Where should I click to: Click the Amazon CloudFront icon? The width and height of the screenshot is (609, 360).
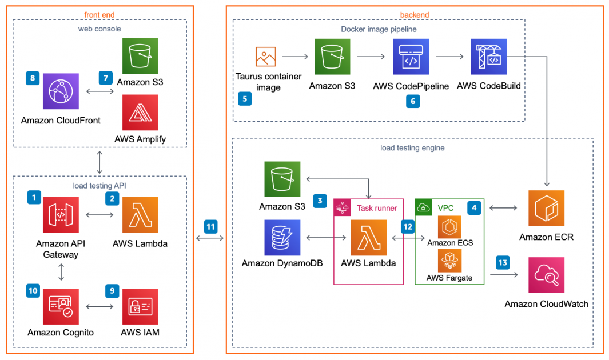[x=61, y=91]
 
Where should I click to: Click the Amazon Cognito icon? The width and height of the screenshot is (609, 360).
[x=61, y=306]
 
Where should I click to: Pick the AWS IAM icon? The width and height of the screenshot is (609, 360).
[x=140, y=306]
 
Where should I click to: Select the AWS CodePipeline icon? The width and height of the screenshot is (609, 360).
[x=411, y=57]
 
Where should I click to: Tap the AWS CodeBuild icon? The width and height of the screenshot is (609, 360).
[x=489, y=57]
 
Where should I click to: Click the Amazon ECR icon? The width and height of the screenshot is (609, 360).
[x=546, y=209]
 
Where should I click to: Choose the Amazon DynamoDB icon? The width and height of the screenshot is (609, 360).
[x=282, y=237]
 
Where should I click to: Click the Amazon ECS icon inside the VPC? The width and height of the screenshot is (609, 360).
[x=449, y=226]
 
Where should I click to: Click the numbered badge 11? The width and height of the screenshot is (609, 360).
[x=210, y=227]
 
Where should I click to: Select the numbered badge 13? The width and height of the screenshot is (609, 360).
[x=503, y=262]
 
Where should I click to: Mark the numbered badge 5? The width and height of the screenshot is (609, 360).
[x=245, y=99]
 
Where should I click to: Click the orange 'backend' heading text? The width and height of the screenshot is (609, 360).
[x=415, y=14]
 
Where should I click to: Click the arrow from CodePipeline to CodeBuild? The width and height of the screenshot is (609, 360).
[x=449, y=57]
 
